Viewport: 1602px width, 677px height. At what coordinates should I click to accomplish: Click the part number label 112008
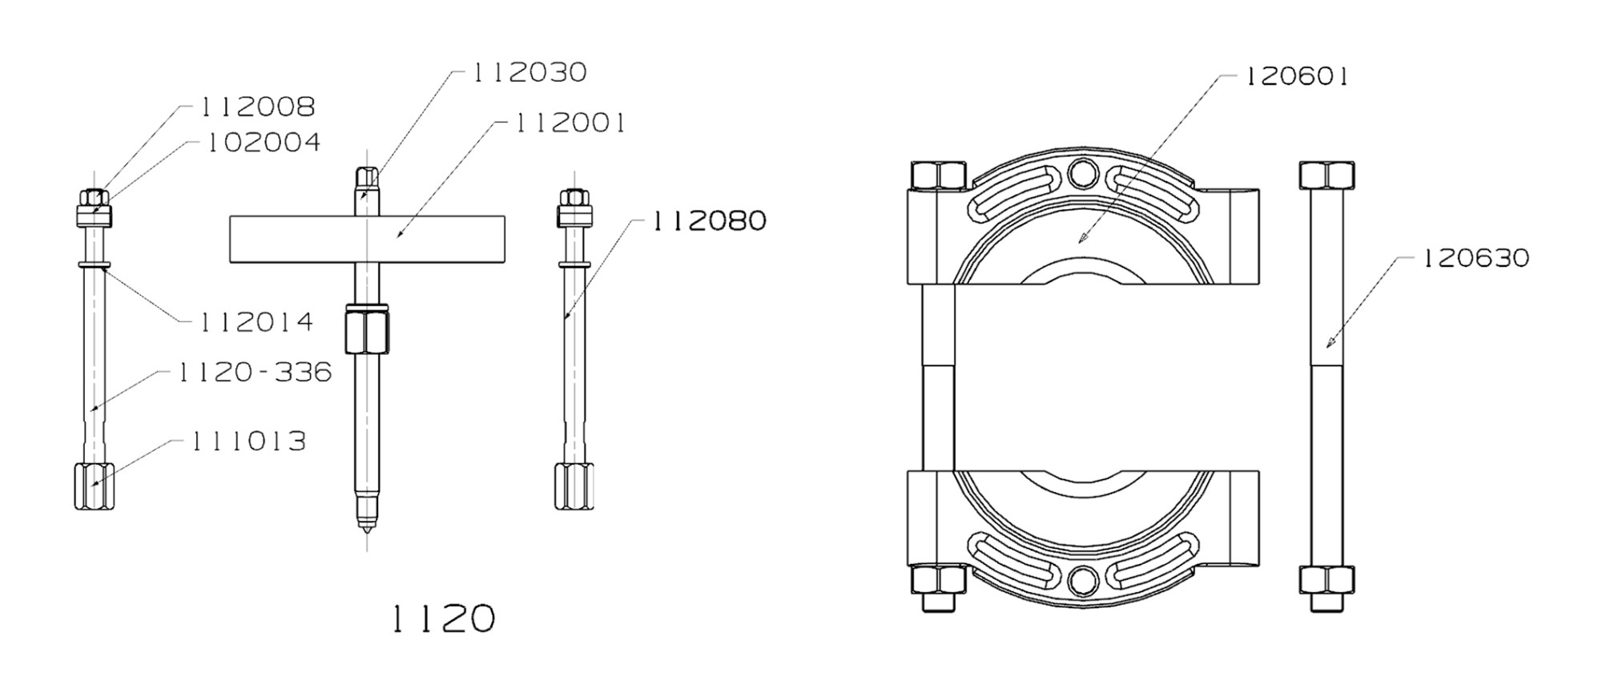[x=257, y=107]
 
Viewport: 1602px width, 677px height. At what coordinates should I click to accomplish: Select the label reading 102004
[x=264, y=143]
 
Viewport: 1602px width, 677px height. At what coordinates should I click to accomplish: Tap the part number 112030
[x=529, y=72]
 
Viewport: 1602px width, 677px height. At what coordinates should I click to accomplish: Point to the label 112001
[x=570, y=123]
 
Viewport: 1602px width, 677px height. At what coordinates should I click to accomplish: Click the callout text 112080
[x=709, y=220]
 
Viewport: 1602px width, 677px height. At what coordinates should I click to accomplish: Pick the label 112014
[x=256, y=322]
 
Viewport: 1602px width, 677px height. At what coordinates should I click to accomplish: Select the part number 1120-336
[x=254, y=372]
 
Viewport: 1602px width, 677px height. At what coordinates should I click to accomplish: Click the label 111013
[x=248, y=441]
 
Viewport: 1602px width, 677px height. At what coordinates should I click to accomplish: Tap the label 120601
[x=1295, y=77]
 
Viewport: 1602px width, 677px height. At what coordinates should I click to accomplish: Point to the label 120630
[x=1475, y=258]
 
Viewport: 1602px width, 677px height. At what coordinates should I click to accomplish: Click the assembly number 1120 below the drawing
[x=443, y=619]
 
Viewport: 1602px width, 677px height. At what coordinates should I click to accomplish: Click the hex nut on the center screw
[x=367, y=331]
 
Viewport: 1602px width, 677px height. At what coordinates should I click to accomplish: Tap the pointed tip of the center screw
[x=366, y=528]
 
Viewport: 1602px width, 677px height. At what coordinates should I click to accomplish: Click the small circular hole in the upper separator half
[x=1082, y=172]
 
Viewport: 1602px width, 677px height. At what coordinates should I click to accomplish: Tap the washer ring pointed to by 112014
[x=94, y=263]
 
